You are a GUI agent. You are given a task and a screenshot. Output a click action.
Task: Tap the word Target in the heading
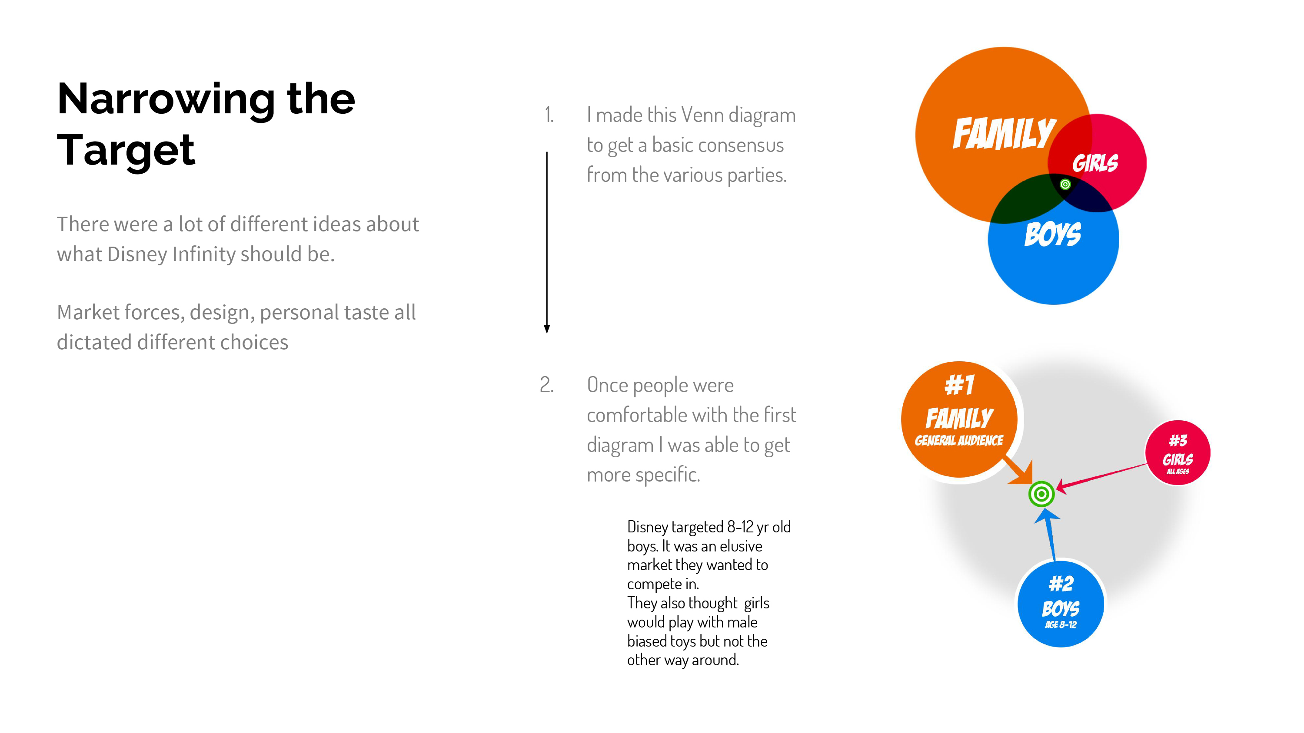point(126,150)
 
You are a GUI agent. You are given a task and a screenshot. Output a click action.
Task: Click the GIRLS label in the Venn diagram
point(1095,163)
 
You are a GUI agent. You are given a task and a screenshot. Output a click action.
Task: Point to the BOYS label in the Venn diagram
point(1053,234)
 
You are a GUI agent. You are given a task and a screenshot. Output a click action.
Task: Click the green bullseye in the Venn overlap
point(1065,184)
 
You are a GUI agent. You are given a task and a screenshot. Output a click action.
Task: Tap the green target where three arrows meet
point(1041,494)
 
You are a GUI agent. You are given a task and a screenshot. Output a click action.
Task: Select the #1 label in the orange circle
point(959,385)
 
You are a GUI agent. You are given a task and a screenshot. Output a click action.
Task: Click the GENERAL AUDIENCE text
point(959,441)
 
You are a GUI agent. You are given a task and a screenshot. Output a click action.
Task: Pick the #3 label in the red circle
point(1178,441)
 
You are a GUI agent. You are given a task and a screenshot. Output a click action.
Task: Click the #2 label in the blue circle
point(1061,584)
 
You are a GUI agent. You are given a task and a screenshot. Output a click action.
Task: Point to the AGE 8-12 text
point(1061,625)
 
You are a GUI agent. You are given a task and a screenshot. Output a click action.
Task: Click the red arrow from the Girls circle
point(1101,476)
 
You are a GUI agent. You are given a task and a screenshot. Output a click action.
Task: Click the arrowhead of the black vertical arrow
point(547,329)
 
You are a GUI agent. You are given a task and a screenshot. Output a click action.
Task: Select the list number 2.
point(547,385)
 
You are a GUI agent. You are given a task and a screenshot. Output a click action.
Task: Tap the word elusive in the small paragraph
point(741,546)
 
